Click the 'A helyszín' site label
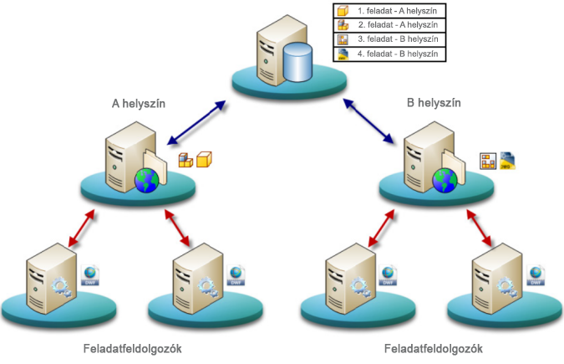(139, 104)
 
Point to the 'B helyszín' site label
(434, 104)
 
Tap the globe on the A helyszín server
(146, 179)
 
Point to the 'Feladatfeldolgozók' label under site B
(434, 347)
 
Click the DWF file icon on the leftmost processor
(89, 275)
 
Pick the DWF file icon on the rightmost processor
(535, 275)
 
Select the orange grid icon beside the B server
(488, 161)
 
